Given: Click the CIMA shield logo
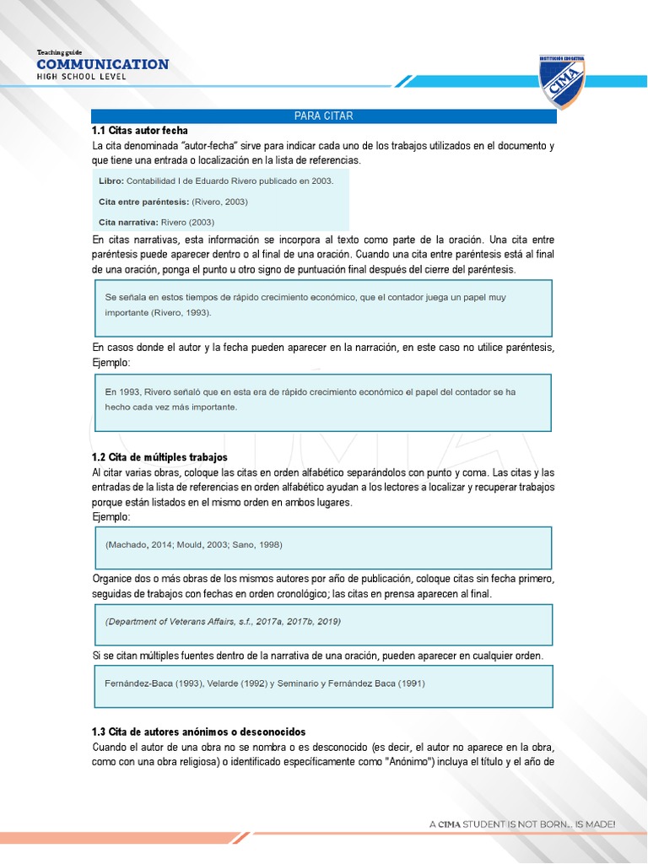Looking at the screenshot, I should coord(562,82).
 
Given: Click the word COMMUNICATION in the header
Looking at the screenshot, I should coord(103,64).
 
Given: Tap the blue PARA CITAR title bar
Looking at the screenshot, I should coord(323,116).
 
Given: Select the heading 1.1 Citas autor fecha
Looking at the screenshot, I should coord(140,131).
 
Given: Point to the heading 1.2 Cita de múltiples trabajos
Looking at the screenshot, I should coord(159,456).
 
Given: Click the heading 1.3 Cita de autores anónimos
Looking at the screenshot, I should coord(198,732).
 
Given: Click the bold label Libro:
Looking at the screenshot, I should coord(111,181).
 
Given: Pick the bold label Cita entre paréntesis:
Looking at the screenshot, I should coord(143,202).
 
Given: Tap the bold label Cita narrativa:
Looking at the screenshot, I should coord(128,222).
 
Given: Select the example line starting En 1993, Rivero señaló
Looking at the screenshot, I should coord(310,391).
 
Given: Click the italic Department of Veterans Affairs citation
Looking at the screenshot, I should coord(223,621).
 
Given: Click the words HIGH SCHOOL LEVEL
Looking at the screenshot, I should coord(81,77).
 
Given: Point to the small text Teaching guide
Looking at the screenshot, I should coord(59,52).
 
